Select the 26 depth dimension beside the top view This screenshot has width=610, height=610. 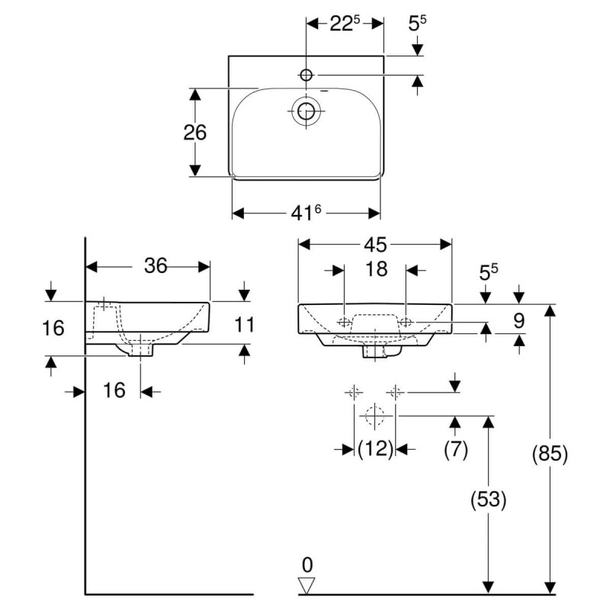click(x=195, y=133)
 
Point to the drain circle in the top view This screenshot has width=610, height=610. click(x=307, y=112)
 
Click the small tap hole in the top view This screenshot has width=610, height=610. click(x=307, y=75)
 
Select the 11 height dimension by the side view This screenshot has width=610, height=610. click(x=244, y=325)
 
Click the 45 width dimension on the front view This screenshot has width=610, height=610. click(x=375, y=245)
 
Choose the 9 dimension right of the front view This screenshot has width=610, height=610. click(x=518, y=320)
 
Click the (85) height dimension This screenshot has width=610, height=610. click(x=550, y=454)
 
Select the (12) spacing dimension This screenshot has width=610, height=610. click(x=375, y=449)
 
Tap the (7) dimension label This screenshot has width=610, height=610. click(x=455, y=449)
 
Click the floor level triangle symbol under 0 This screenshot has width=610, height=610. click(x=307, y=586)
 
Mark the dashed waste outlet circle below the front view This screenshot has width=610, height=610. click(x=374, y=416)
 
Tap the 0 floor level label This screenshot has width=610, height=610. click(x=307, y=565)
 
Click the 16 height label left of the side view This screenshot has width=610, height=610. click(x=53, y=328)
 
